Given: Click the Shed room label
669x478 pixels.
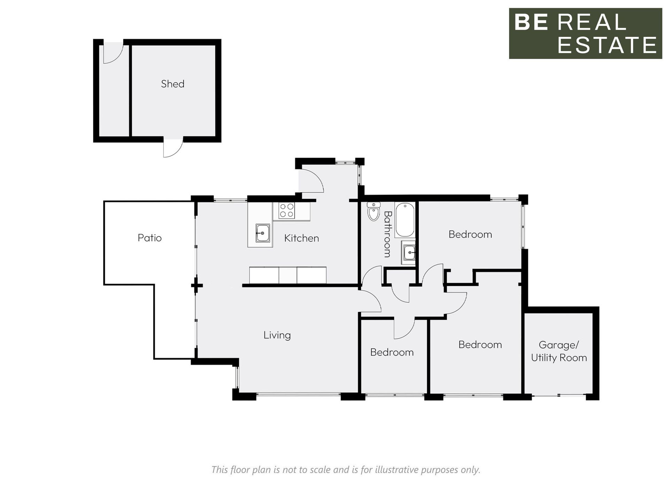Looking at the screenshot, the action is (172, 84).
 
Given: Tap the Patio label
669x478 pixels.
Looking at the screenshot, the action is (149, 238).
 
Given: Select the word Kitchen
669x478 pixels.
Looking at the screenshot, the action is (301, 238).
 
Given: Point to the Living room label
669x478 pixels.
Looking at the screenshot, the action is (277, 335).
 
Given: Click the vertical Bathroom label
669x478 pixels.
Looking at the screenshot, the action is (387, 234).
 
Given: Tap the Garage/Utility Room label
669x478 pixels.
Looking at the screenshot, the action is (559, 351).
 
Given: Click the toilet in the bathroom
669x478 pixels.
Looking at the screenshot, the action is (374, 211).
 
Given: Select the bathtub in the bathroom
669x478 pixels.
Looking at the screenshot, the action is (405, 220).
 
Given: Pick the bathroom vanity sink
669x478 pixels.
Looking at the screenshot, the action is (409, 252).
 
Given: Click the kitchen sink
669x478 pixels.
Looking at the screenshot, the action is (262, 233).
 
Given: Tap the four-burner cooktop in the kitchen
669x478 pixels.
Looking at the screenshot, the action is (286, 211).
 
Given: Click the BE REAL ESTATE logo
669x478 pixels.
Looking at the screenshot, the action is (585, 33).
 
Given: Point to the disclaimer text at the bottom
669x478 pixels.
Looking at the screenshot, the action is (346, 470).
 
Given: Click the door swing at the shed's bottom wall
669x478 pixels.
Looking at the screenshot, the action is (173, 148).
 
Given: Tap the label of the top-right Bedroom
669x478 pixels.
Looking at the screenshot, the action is (470, 234).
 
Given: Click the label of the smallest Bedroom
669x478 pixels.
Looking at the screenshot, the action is (392, 352).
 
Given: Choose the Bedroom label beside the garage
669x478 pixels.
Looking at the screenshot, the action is (480, 344).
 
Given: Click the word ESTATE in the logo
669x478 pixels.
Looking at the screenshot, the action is (607, 45).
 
